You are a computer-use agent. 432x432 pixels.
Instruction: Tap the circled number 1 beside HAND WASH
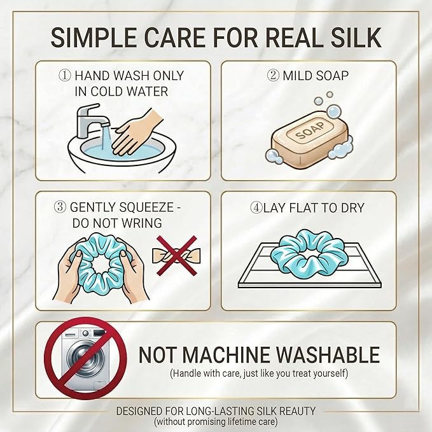pyautogui.click(x=65, y=76)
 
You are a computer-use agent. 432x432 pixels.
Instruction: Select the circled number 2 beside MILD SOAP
pyautogui.click(x=274, y=76)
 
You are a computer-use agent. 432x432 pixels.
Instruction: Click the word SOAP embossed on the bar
pyautogui.click(x=310, y=130)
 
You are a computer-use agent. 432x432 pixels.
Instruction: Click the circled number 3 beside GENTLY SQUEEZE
pyautogui.click(x=60, y=207)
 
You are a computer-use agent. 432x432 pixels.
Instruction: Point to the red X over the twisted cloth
pyautogui.click(x=177, y=255)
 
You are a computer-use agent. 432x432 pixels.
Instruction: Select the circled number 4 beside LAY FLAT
pyautogui.click(x=256, y=208)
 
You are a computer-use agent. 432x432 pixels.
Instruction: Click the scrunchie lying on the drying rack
pyautogui.click(x=307, y=253)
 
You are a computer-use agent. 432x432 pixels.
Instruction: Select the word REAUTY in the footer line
pyautogui.click(x=298, y=411)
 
